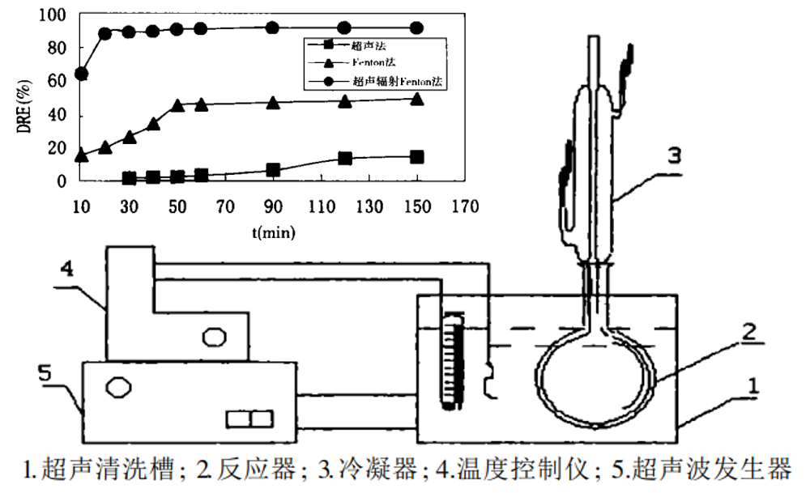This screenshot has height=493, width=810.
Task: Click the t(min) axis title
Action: [x=272, y=232]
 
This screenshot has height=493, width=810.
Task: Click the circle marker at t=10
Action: [x=81, y=74]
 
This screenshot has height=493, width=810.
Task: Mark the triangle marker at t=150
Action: [x=416, y=99]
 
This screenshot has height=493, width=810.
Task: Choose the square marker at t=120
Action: [x=345, y=158]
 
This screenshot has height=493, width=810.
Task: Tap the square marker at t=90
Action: [x=273, y=170]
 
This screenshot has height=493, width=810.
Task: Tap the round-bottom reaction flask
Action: [x=596, y=380]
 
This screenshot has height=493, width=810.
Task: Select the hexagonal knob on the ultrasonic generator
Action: [x=117, y=386]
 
